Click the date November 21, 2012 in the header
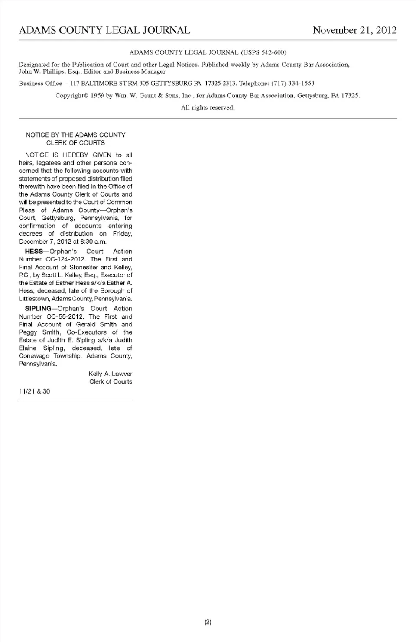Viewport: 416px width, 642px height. (354, 30)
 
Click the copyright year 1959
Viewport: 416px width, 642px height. (97, 95)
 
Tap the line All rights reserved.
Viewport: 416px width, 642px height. (208, 107)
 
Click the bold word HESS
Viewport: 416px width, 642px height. (34, 252)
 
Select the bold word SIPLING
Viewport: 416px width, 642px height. (38, 309)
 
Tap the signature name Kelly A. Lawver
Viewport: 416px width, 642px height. (110, 374)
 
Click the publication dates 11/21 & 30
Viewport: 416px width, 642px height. (34, 391)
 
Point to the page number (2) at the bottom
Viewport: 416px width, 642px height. (208, 623)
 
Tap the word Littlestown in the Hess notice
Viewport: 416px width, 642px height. (34, 299)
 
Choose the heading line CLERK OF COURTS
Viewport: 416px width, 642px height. (75, 143)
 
